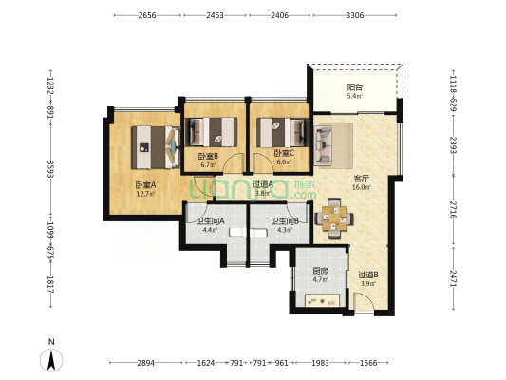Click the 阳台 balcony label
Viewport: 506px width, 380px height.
point(353,86)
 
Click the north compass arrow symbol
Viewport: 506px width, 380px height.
point(52,359)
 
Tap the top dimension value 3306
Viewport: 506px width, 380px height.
point(352,16)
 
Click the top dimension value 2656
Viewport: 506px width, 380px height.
point(146,16)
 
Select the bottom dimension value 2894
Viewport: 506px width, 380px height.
point(145,363)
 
